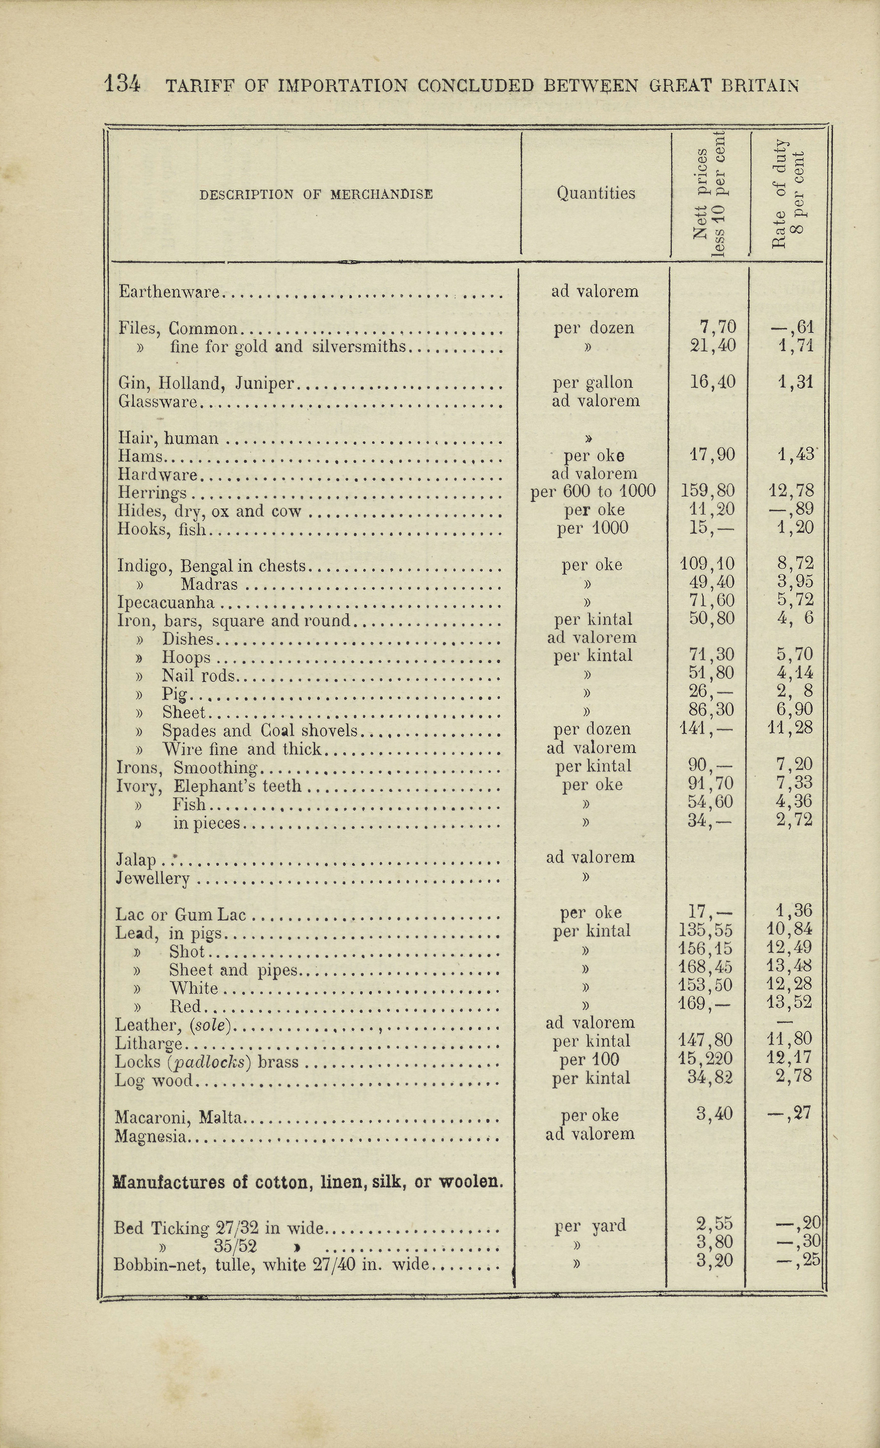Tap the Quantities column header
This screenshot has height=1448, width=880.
click(595, 193)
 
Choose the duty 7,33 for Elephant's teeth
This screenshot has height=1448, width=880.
click(794, 784)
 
